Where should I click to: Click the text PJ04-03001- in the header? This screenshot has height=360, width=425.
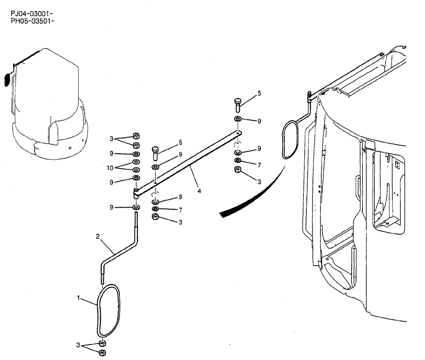(32, 13)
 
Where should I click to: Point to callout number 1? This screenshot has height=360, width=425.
(79, 298)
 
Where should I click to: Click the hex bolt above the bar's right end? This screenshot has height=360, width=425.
(237, 104)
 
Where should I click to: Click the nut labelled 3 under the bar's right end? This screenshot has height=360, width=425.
(238, 170)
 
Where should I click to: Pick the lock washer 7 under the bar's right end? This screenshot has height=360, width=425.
(238, 160)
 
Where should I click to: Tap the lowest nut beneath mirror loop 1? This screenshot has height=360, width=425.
(102, 352)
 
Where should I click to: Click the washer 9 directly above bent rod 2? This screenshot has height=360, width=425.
(136, 207)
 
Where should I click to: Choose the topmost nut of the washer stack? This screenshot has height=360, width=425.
(136, 135)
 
